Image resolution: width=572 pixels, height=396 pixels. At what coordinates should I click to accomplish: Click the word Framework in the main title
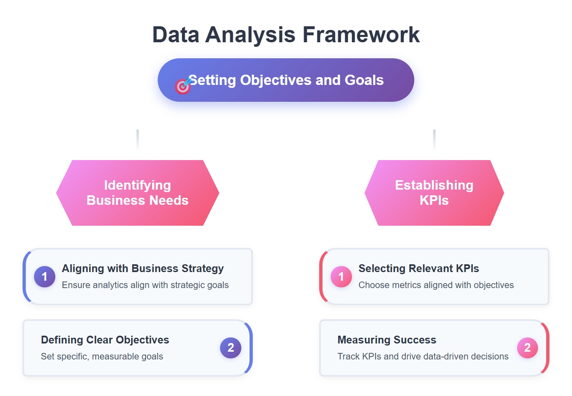(361, 35)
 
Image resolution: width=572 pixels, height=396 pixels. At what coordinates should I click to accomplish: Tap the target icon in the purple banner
(183, 86)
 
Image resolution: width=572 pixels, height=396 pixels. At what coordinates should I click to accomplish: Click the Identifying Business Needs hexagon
(138, 193)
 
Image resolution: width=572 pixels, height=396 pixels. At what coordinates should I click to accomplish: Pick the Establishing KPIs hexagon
(434, 193)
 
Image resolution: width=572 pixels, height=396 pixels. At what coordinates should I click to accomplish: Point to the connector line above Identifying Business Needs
(138, 140)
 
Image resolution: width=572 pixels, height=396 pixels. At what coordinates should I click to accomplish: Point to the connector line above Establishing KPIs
(434, 140)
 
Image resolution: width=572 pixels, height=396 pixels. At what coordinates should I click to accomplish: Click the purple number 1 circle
(45, 277)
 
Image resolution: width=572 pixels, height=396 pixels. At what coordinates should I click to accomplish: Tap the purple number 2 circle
(231, 348)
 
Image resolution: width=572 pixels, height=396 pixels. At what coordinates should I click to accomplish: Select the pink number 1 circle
(341, 277)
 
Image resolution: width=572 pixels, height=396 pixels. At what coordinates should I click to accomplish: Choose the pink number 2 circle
(527, 348)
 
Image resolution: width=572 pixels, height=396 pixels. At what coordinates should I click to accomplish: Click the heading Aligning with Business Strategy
(143, 268)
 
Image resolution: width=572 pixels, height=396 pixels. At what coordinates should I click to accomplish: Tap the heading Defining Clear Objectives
(105, 340)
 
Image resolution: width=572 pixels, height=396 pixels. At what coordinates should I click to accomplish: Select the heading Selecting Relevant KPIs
(418, 268)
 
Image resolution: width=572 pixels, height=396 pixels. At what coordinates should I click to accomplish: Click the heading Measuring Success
(386, 340)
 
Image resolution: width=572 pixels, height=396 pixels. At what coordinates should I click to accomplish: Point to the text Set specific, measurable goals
(102, 357)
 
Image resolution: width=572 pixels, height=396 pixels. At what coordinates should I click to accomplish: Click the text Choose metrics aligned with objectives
(436, 285)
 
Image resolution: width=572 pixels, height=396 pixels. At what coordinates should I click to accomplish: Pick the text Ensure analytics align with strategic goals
(145, 285)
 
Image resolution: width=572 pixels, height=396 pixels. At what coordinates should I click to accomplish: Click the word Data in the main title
(175, 35)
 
